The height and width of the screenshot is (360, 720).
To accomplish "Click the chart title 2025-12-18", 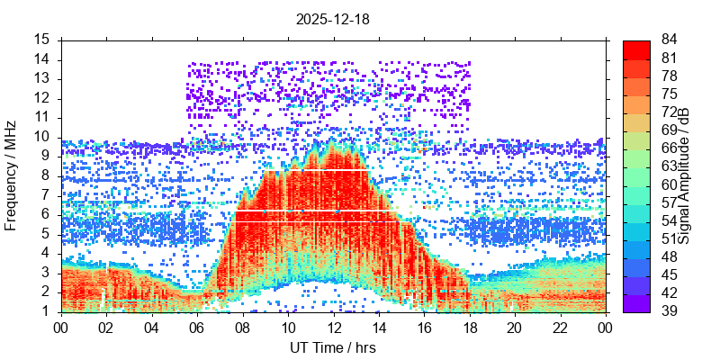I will [333, 18].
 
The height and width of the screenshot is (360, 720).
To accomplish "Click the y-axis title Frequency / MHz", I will [12, 175].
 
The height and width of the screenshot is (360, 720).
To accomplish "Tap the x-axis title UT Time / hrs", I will [333, 347].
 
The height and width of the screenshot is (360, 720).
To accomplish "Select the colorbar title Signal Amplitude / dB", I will [684, 175].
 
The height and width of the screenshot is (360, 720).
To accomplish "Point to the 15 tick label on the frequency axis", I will [42, 40].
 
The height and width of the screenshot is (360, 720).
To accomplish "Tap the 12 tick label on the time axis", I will [333, 328].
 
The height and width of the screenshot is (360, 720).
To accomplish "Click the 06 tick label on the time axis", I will [197, 328].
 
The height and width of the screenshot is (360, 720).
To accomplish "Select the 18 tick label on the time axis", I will [469, 328].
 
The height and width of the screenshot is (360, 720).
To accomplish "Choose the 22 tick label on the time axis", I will [559, 328].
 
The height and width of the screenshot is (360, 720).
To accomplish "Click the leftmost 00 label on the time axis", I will [61, 328].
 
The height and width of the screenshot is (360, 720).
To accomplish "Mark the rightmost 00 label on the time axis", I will [605, 328].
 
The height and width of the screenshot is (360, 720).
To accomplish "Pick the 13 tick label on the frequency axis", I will [42, 78].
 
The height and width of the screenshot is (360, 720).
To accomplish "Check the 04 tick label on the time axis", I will [152, 328].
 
